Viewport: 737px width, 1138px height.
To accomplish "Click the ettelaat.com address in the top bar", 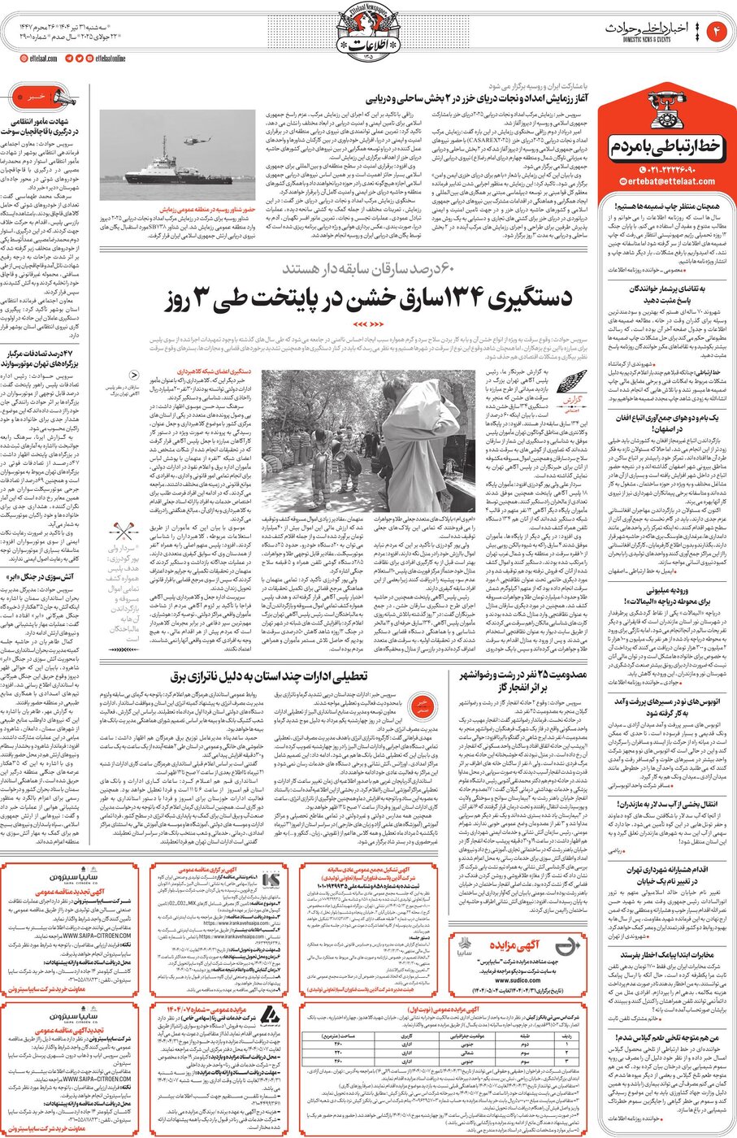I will coord(39,59).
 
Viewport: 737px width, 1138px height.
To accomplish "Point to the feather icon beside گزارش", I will coord(575,382).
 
